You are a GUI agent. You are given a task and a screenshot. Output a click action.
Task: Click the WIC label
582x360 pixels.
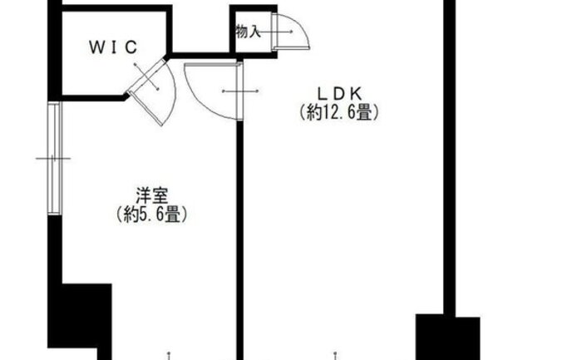[x=112, y=47]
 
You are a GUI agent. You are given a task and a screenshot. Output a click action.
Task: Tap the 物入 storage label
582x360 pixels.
[x=248, y=32]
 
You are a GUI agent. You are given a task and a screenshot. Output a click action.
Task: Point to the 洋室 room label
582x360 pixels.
[x=152, y=197]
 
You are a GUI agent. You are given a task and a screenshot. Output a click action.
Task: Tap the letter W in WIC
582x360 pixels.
[x=94, y=47]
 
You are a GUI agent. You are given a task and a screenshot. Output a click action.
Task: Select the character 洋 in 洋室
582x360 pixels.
[x=143, y=197]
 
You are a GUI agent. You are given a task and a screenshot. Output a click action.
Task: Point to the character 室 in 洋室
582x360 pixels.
[x=161, y=197]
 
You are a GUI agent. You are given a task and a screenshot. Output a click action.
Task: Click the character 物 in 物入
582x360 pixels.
[x=241, y=32]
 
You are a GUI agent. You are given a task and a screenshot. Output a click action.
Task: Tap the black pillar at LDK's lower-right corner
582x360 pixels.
[x=448, y=337]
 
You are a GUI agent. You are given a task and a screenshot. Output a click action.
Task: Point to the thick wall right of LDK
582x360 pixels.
[x=449, y=166]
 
